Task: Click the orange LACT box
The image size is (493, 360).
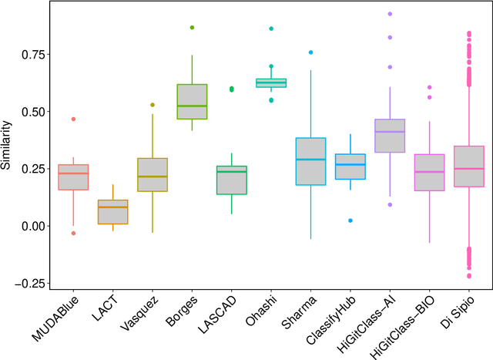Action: [114, 212]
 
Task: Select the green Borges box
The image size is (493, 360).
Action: [192, 101]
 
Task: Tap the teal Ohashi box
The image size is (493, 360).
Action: [271, 82]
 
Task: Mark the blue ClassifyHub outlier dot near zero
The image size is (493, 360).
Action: [350, 220]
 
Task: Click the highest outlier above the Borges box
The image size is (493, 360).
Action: [192, 28]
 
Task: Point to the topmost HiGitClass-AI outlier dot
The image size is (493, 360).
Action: [390, 14]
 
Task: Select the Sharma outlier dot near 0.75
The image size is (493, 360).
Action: [310, 52]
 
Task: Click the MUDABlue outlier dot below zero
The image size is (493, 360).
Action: [74, 233]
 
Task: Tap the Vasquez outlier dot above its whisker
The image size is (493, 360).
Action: [153, 105]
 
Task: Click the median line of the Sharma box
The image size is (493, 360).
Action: [310, 160]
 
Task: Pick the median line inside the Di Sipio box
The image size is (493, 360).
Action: [468, 169]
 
